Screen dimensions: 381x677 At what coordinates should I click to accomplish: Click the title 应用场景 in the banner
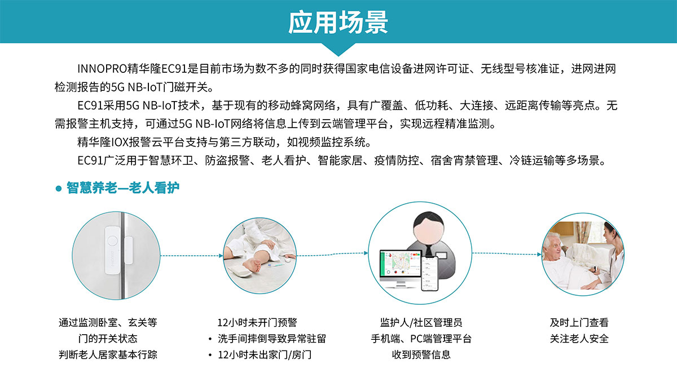click(338, 23)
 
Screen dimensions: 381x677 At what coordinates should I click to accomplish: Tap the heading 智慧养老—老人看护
click(123, 188)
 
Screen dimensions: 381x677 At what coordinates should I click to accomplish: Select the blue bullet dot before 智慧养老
click(58, 189)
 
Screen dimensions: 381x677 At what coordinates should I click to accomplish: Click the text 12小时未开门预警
click(257, 323)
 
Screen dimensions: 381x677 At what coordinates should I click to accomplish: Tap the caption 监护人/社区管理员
click(421, 323)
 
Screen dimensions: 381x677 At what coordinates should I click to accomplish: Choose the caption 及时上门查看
click(579, 323)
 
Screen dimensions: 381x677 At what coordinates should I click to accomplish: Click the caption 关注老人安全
click(579, 339)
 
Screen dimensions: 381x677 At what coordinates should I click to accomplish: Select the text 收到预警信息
click(421, 355)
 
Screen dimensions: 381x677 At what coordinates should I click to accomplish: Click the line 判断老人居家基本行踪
click(108, 355)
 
